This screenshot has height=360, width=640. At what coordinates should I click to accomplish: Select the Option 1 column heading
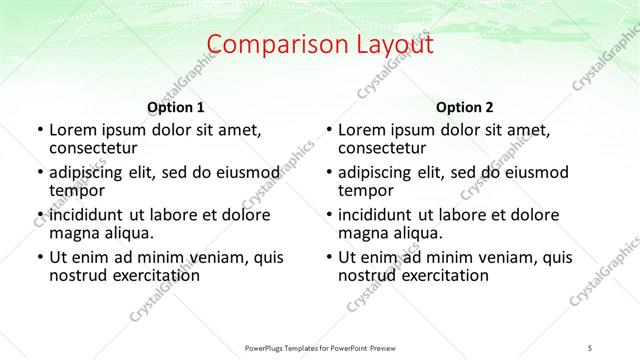[x=176, y=107]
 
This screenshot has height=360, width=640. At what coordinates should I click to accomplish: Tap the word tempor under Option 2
[x=366, y=191]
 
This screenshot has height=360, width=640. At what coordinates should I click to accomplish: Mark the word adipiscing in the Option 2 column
[x=378, y=172]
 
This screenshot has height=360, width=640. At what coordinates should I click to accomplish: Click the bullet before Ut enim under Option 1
[x=38, y=257]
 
